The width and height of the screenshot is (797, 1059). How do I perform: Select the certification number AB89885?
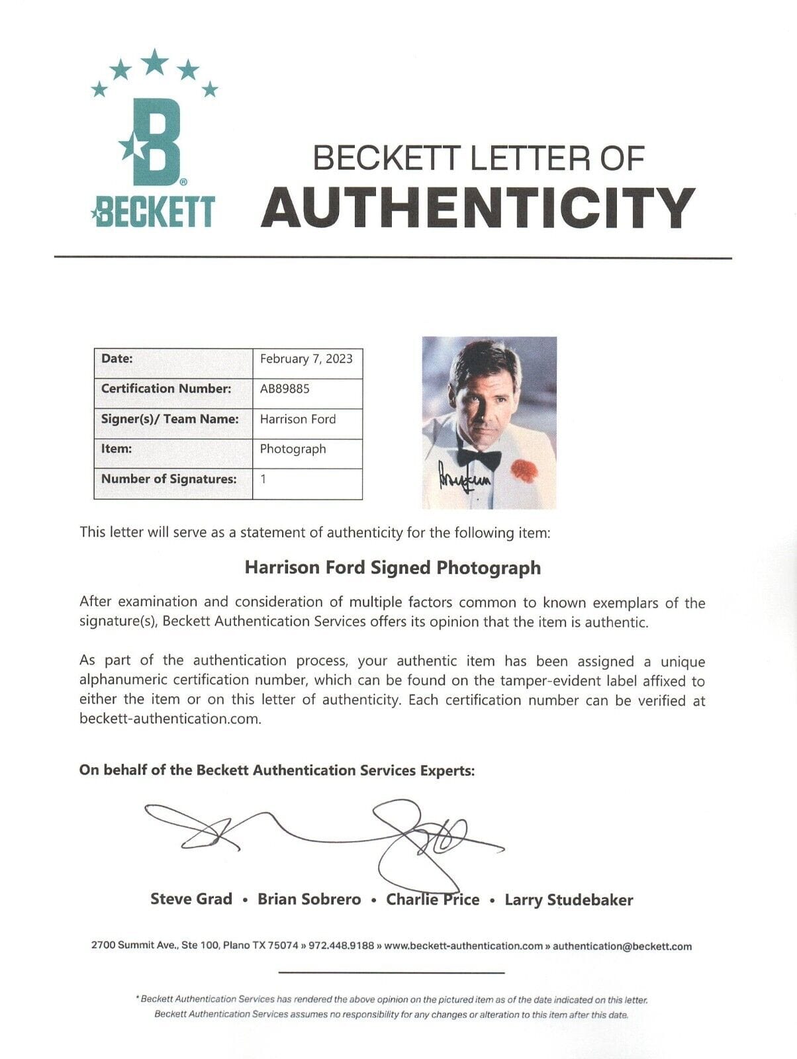point(285,389)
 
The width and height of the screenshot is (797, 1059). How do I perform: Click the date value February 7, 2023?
point(306,359)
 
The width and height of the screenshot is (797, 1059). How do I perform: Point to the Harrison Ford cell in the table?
point(298,419)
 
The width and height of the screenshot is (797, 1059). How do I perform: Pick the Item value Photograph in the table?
point(293,449)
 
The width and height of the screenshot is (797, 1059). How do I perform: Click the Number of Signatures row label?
point(169,479)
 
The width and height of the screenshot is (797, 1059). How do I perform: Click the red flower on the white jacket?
point(524,469)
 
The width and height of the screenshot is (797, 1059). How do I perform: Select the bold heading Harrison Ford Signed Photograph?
point(393,568)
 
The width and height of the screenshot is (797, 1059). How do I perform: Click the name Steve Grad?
point(191,899)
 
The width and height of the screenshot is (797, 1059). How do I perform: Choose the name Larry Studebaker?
point(569,899)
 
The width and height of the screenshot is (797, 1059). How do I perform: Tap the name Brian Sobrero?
point(309,899)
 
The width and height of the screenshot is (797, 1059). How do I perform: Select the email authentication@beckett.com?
point(622,946)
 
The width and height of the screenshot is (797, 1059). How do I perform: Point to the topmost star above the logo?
point(155,62)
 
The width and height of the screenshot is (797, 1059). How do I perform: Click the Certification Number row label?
point(166,389)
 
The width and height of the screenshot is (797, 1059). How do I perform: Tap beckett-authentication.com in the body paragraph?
point(169,719)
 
